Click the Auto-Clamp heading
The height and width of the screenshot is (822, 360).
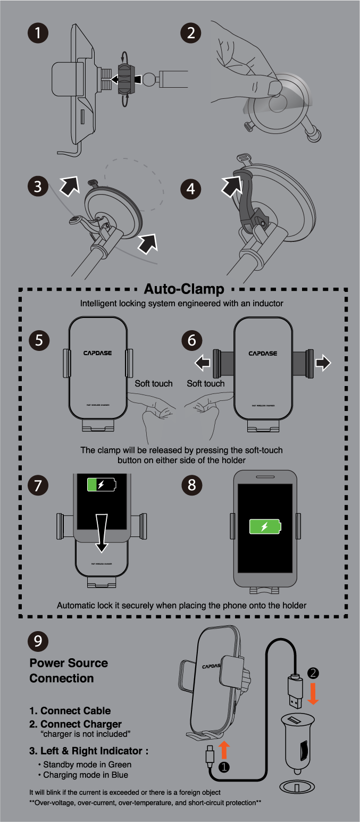coord(183,290)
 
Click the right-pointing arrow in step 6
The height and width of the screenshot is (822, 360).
coord(323,363)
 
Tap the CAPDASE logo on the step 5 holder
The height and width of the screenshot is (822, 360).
coord(98,353)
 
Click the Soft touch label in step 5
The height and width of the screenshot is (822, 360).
coord(153,383)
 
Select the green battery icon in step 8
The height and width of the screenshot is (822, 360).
coord(265,526)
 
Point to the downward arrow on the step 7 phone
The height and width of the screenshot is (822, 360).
coord(102,532)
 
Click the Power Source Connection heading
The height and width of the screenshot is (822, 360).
coord(69,670)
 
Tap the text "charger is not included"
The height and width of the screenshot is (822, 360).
coord(86,734)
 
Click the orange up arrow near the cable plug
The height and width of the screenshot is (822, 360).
coord(225,750)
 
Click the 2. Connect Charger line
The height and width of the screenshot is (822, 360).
coord(76,724)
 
